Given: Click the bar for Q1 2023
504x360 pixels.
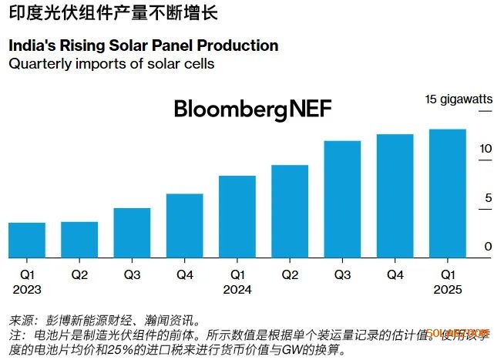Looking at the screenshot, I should [27, 241].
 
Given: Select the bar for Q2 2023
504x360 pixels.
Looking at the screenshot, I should [79, 241].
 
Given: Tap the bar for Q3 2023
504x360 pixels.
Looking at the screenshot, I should [132, 234].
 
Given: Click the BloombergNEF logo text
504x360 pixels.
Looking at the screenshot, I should [253, 109].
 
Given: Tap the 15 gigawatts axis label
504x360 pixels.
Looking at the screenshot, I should [458, 99].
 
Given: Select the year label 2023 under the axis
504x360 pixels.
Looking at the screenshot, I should [27, 289].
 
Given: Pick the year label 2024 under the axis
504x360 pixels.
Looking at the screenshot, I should [237, 289].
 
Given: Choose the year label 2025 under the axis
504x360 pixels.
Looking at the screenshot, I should [447, 289].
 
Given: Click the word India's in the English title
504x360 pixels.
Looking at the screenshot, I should [32, 46].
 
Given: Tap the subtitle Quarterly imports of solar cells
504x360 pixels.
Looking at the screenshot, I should [111, 64].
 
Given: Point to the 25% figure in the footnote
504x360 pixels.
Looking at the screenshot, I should [107, 351].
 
